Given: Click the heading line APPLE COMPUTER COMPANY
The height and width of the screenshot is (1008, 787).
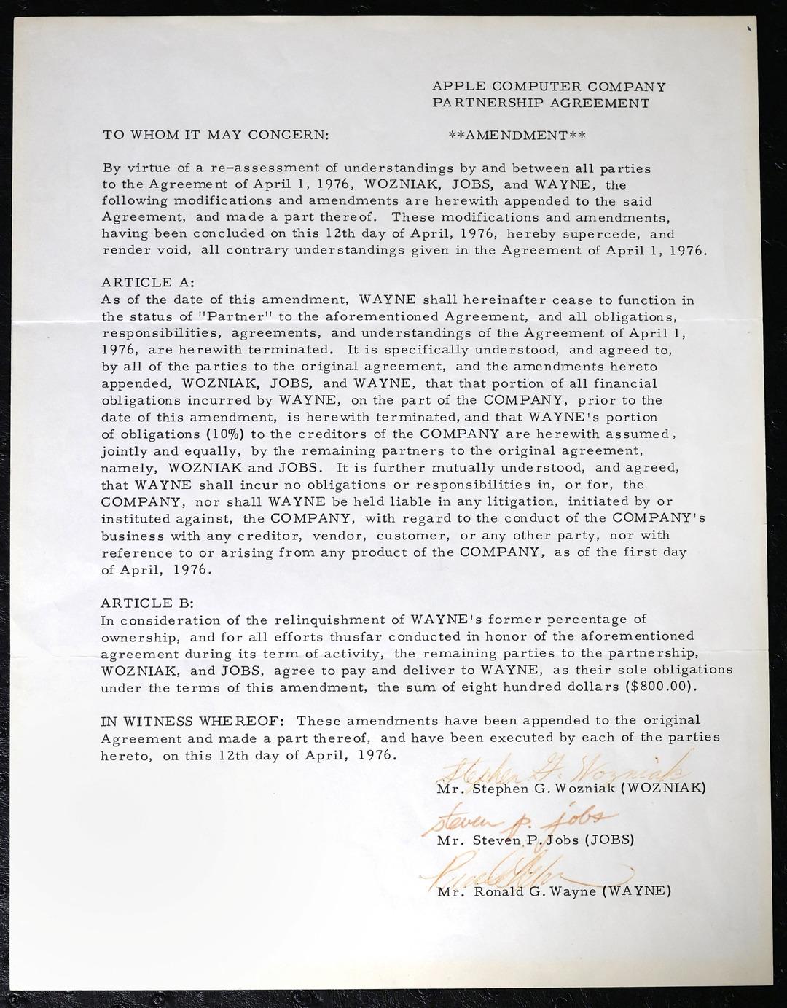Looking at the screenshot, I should (x=549, y=87).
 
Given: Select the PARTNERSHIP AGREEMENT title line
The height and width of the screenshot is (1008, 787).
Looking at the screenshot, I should (x=541, y=103).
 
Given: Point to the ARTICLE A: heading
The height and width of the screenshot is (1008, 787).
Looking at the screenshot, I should (x=148, y=283).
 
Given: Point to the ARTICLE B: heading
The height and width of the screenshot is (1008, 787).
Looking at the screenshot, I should (x=148, y=603).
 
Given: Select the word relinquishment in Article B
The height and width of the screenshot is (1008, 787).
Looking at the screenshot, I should (x=329, y=620).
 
